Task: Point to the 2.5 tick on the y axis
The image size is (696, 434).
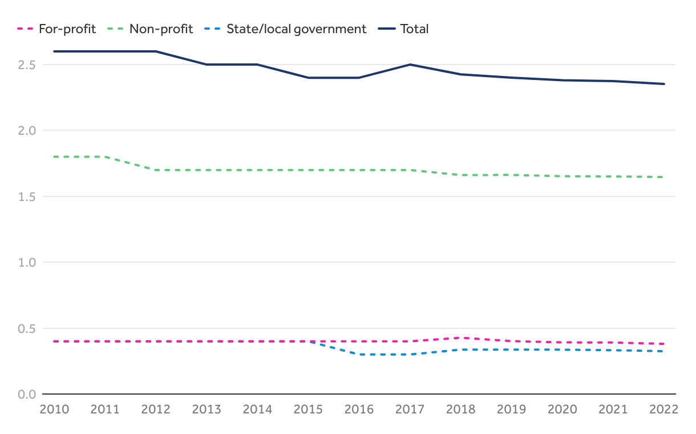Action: click(x=27, y=65)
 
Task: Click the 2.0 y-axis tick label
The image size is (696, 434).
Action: click(x=27, y=131)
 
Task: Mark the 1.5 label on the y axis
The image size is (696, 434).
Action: click(x=27, y=196)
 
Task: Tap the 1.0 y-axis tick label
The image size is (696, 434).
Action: click(x=27, y=263)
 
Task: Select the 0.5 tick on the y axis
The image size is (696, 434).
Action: click(x=27, y=328)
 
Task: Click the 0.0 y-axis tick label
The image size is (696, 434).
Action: click(x=27, y=395)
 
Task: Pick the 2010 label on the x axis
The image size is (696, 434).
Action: click(x=54, y=409)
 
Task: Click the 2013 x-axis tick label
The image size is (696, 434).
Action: click(x=207, y=409)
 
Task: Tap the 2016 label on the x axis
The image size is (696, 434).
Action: click(x=359, y=409)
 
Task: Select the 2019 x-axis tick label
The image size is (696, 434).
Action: click(x=512, y=409)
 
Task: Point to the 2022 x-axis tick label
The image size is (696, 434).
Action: click(x=663, y=409)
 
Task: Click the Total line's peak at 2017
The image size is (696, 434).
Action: click(x=410, y=65)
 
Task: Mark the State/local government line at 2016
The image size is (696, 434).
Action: click(x=359, y=355)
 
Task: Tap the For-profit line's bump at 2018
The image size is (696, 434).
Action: click(x=461, y=338)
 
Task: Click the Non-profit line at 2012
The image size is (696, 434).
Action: click(x=156, y=170)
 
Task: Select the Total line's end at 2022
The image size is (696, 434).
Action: click(x=664, y=84)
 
